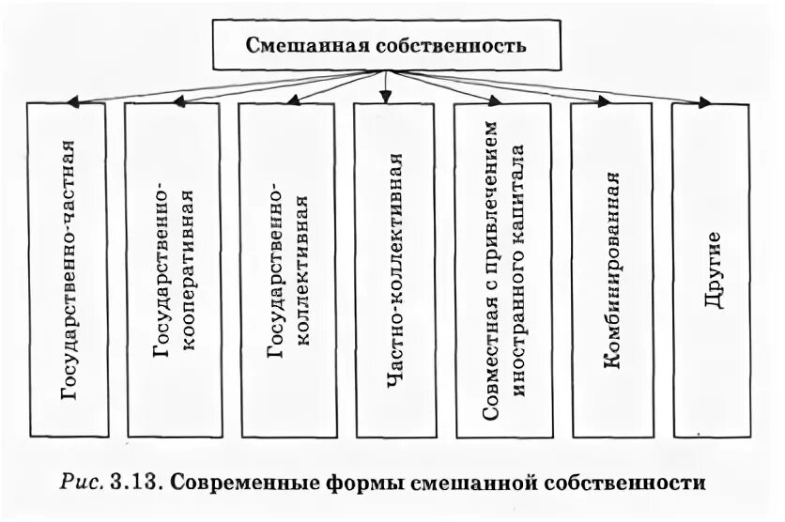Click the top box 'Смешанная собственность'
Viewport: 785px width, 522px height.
point(386,45)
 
